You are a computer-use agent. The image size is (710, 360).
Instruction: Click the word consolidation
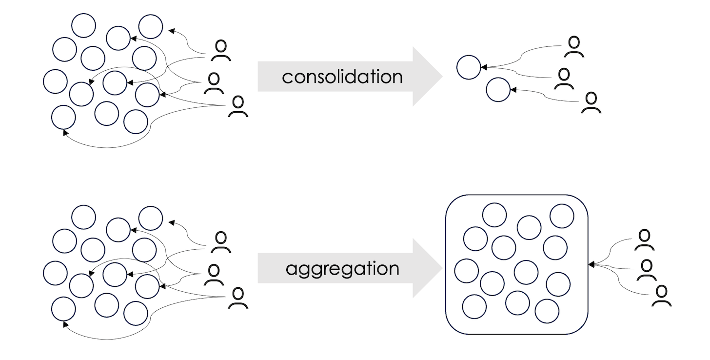[x=342, y=77]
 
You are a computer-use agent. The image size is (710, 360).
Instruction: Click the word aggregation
[x=342, y=269]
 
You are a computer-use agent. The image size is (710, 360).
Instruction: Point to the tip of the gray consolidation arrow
[x=442, y=77]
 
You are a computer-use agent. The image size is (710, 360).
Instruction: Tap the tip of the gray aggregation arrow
[x=442, y=268]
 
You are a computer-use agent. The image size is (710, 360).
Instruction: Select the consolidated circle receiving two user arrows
[x=469, y=67]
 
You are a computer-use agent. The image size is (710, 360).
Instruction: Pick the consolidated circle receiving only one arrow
[x=498, y=90]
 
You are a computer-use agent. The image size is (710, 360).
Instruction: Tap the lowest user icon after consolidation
[x=591, y=103]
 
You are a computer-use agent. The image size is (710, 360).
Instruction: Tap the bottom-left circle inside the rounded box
[x=474, y=306]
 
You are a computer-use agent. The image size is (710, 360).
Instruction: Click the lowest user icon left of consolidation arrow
[x=238, y=107]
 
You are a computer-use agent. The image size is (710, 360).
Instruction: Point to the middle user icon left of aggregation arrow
[x=213, y=275]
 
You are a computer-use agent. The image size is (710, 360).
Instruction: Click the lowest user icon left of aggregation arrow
[x=238, y=299]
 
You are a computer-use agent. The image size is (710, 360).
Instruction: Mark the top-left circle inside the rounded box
[x=494, y=215]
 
